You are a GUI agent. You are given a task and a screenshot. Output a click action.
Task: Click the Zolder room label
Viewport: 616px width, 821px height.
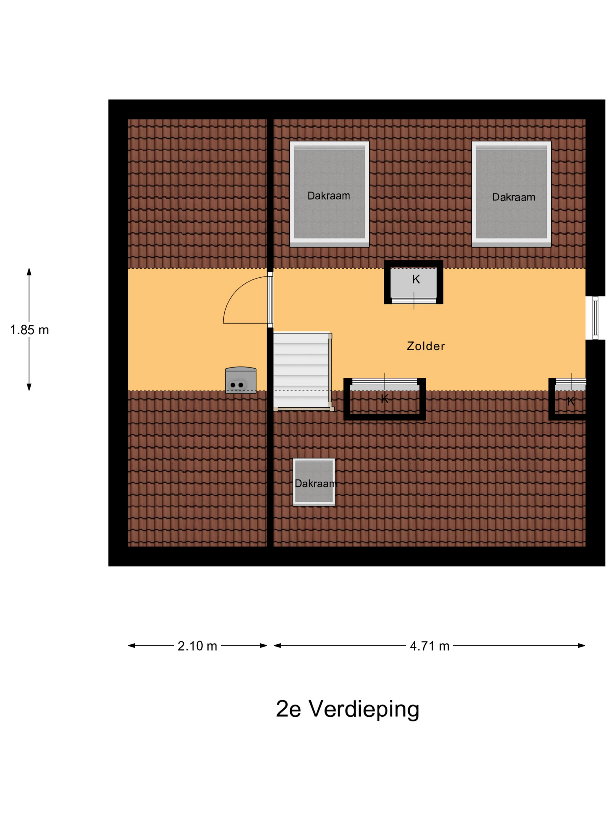(x=426, y=346)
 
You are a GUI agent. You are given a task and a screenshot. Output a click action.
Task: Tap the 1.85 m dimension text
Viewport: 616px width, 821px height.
(x=29, y=330)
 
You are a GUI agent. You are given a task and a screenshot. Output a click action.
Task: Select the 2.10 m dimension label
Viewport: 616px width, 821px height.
(x=197, y=646)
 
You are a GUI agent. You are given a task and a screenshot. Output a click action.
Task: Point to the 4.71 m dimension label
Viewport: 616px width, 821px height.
(x=429, y=646)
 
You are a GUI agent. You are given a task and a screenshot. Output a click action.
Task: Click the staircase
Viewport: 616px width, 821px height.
(x=302, y=369)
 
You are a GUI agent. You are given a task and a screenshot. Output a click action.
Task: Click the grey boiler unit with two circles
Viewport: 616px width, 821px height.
(x=241, y=380)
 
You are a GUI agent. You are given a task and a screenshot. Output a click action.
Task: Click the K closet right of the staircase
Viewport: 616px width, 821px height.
(x=384, y=400)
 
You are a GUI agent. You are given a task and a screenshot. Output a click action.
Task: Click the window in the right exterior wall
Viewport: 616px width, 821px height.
(x=595, y=318)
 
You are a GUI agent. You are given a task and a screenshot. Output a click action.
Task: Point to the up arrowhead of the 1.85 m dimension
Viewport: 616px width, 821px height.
(x=29, y=272)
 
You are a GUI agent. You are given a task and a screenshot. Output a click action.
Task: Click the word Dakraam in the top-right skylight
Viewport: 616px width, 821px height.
(x=514, y=197)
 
